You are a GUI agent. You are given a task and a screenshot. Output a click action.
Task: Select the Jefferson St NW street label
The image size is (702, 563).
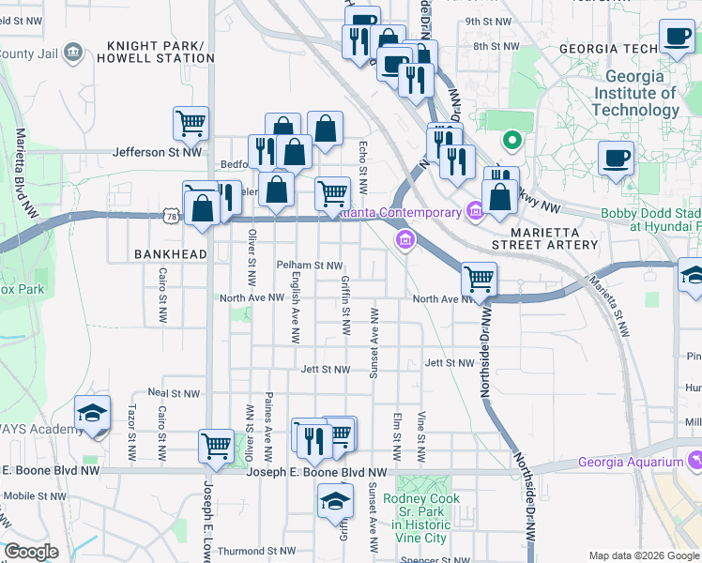pos(157,150)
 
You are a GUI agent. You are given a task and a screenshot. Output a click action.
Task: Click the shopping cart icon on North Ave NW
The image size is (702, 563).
pos(480,279)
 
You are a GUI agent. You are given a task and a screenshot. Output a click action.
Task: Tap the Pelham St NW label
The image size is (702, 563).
pos(309,266)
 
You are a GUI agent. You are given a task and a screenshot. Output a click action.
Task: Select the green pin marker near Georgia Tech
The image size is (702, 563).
pos(511,142)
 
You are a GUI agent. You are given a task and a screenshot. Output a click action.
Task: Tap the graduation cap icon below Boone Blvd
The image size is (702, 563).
pos(335,500)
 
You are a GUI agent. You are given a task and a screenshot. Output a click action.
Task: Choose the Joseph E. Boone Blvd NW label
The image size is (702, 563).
pos(316,473)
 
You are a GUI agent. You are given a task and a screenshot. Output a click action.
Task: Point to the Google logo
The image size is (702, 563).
pos(31,552)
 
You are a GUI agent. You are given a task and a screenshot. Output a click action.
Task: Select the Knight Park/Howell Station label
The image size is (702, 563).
pos(161,52)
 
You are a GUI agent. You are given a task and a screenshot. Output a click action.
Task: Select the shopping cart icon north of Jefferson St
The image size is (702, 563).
pos(191,123)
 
